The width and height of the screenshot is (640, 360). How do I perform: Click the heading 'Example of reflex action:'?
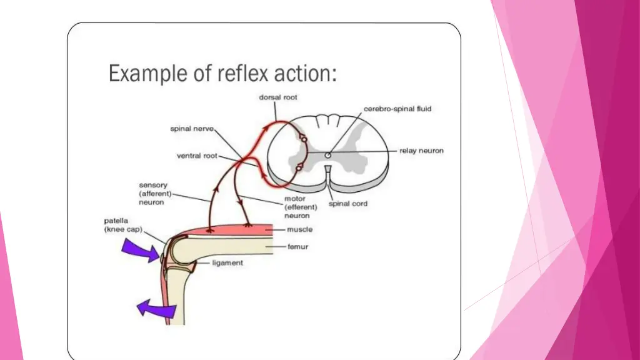pyautogui.click(x=222, y=73)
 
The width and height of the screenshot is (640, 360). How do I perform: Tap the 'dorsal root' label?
pyautogui.click(x=278, y=97)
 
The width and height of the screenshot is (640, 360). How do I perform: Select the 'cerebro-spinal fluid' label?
pyautogui.click(x=397, y=109)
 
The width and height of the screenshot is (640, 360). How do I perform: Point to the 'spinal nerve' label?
pyautogui.click(x=192, y=129)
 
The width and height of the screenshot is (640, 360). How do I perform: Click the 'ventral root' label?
pyautogui.click(x=197, y=156)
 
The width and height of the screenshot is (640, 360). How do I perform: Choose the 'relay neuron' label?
pyautogui.click(x=421, y=151)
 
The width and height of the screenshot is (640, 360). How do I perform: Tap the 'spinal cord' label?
pyautogui.click(x=348, y=204)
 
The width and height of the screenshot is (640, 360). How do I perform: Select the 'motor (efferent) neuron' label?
pyautogui.click(x=301, y=207)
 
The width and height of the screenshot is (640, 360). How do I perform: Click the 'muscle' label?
pyautogui.click(x=300, y=229)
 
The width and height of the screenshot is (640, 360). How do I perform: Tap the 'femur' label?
pyautogui.click(x=298, y=247)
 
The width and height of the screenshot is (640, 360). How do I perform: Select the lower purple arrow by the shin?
pyautogui.click(x=156, y=308)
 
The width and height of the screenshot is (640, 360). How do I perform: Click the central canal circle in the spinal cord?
pyautogui.click(x=327, y=155)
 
